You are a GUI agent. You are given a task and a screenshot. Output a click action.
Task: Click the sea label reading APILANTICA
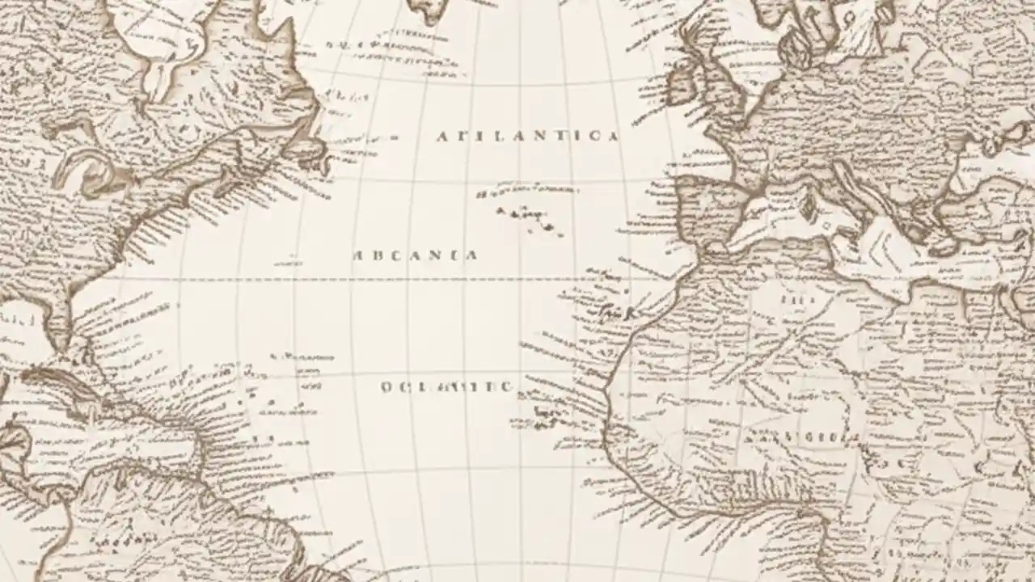tap(527, 136)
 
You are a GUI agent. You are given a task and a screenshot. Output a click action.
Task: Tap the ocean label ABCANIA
tap(416, 255)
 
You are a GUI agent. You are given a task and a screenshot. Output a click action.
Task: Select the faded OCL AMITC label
tap(446, 387)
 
